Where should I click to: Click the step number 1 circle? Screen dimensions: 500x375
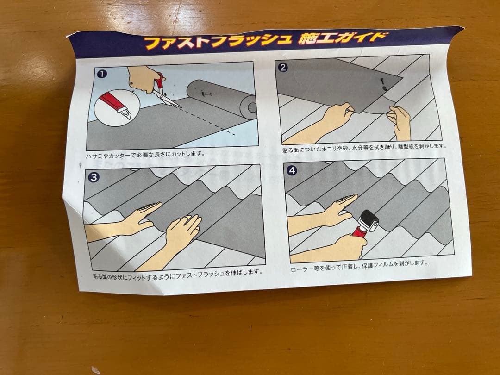coord(102,74)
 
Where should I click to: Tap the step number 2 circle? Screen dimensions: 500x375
coord(282,67)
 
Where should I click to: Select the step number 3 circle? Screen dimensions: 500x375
coord(94,177)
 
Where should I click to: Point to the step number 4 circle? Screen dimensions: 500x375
coord(292,170)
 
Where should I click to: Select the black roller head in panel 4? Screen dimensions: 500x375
coord(368,221)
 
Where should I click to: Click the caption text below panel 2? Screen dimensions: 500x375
coord(364,148)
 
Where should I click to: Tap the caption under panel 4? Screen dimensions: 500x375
coord(359,266)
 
